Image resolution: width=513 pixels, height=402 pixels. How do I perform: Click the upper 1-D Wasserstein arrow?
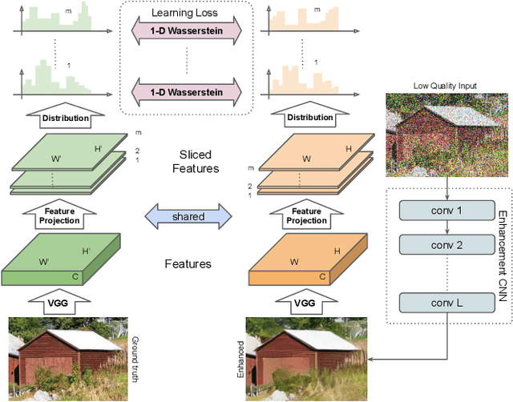click(185, 30)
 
